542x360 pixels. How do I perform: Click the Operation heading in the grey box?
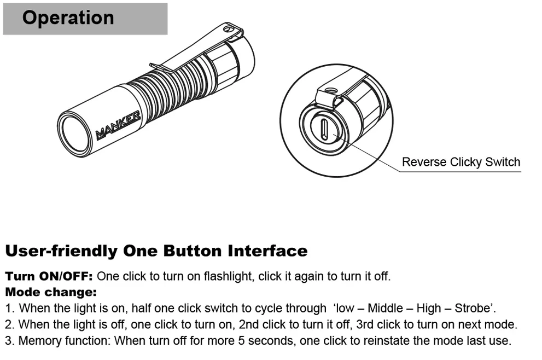click(x=68, y=18)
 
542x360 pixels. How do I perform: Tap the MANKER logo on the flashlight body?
click(x=118, y=125)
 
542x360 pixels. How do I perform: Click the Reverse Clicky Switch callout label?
click(x=461, y=162)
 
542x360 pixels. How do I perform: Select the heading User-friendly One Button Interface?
click(x=156, y=251)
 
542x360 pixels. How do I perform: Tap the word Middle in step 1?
click(x=386, y=308)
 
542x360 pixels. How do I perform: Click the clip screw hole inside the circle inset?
click(x=330, y=89)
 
